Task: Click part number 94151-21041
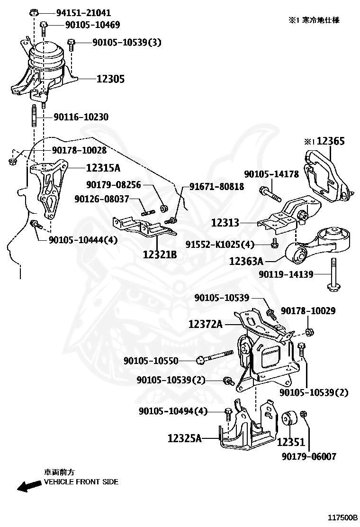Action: (80, 13)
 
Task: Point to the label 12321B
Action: (160, 254)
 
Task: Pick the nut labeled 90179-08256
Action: (163, 208)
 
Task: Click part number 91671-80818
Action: (217, 187)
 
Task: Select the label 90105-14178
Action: (271, 174)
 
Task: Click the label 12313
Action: (225, 222)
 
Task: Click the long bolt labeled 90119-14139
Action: (333, 275)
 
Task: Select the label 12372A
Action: (205, 324)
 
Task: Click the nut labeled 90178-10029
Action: (309, 331)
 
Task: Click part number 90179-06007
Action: (308, 456)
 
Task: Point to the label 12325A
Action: (185, 438)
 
